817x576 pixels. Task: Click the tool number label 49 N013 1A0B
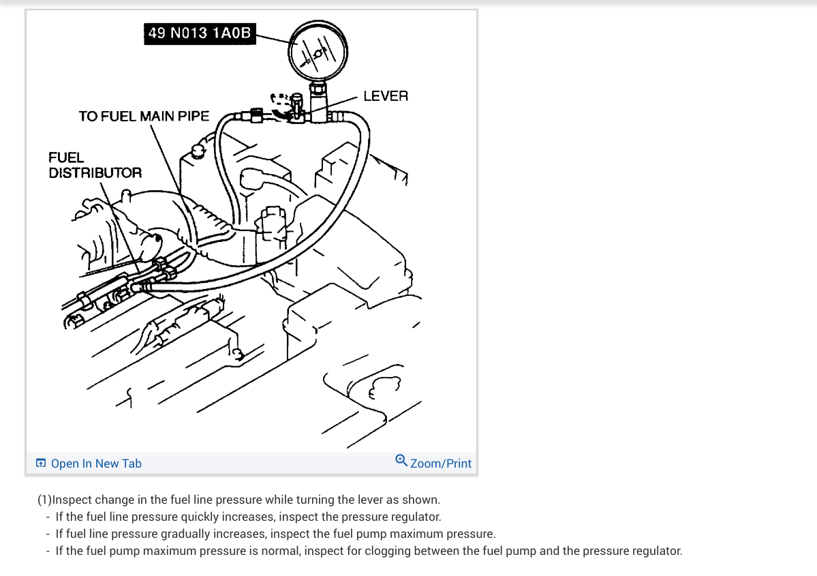tap(200, 33)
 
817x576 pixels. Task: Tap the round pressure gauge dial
tap(318, 52)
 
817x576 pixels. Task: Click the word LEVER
tap(386, 96)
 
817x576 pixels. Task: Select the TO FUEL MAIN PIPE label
tap(144, 116)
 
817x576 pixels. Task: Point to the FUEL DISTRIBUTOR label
tap(95, 165)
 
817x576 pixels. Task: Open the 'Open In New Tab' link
tap(96, 464)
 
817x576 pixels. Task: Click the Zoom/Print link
tap(441, 464)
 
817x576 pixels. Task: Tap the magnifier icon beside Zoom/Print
tap(401, 460)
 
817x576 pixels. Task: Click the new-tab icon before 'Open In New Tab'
tap(41, 464)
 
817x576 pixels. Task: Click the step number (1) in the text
tap(45, 500)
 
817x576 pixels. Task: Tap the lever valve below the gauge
tap(296, 109)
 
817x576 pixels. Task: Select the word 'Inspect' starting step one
tap(72, 500)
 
